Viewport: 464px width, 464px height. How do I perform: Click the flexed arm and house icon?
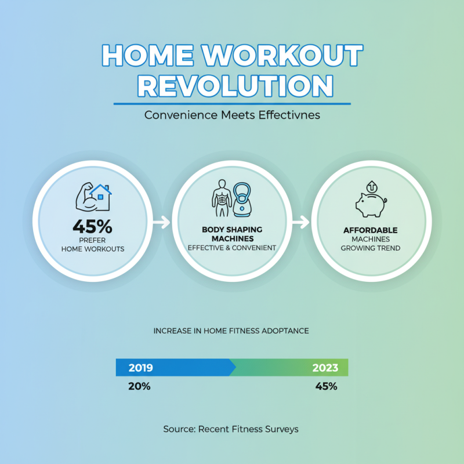click(x=93, y=198)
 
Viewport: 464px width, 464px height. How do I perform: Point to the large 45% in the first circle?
click(x=93, y=224)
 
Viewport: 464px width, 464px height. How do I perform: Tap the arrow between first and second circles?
click(x=162, y=221)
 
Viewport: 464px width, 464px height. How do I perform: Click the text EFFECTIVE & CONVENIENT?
click(x=232, y=248)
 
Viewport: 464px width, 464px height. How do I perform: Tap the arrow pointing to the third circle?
click(x=301, y=221)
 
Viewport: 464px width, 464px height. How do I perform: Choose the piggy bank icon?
click(x=370, y=201)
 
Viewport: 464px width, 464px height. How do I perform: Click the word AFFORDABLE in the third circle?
click(x=370, y=230)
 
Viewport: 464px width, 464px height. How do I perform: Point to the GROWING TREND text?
click(x=370, y=248)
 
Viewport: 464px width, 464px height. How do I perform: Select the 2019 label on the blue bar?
click(x=140, y=368)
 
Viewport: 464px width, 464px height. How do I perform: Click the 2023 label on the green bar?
click(x=325, y=368)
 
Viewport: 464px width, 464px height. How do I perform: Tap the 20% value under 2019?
click(x=139, y=386)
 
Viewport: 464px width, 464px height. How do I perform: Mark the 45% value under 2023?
click(x=326, y=386)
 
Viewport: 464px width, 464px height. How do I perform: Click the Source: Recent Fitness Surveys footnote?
click(x=231, y=429)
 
